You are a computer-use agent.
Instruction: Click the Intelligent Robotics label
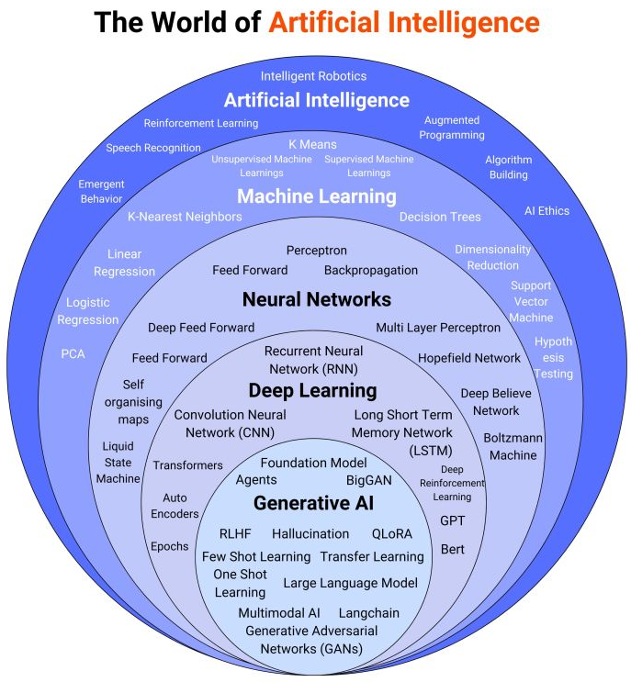pyautogui.click(x=313, y=76)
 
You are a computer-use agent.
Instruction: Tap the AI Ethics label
pyautogui.click(x=546, y=210)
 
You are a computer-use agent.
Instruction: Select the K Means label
pyautogui.click(x=312, y=144)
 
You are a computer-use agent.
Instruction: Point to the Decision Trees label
pyautogui.click(x=440, y=218)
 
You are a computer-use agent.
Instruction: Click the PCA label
pyautogui.click(x=73, y=353)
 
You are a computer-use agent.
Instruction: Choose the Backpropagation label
pyautogui.click(x=371, y=270)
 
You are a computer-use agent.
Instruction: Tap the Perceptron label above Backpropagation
pyautogui.click(x=317, y=250)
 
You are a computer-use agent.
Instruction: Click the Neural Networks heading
pyautogui.click(x=317, y=299)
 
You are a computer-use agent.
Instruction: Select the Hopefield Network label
pyautogui.click(x=469, y=358)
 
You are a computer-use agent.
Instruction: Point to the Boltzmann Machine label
pyautogui.click(x=513, y=446)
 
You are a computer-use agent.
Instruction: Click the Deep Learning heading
pyautogui.click(x=312, y=391)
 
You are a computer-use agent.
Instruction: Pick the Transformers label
pyautogui.click(x=187, y=465)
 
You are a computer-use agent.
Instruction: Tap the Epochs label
pyautogui.click(x=169, y=546)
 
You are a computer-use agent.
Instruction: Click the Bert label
pyautogui.click(x=452, y=550)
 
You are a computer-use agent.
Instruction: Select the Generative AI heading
pyautogui.click(x=313, y=503)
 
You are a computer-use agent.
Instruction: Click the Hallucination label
pyautogui.click(x=310, y=533)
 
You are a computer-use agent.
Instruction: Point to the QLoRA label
pyautogui.click(x=392, y=533)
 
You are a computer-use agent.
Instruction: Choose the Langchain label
pyautogui.click(x=369, y=612)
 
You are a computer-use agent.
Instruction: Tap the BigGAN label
pyautogui.click(x=369, y=480)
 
